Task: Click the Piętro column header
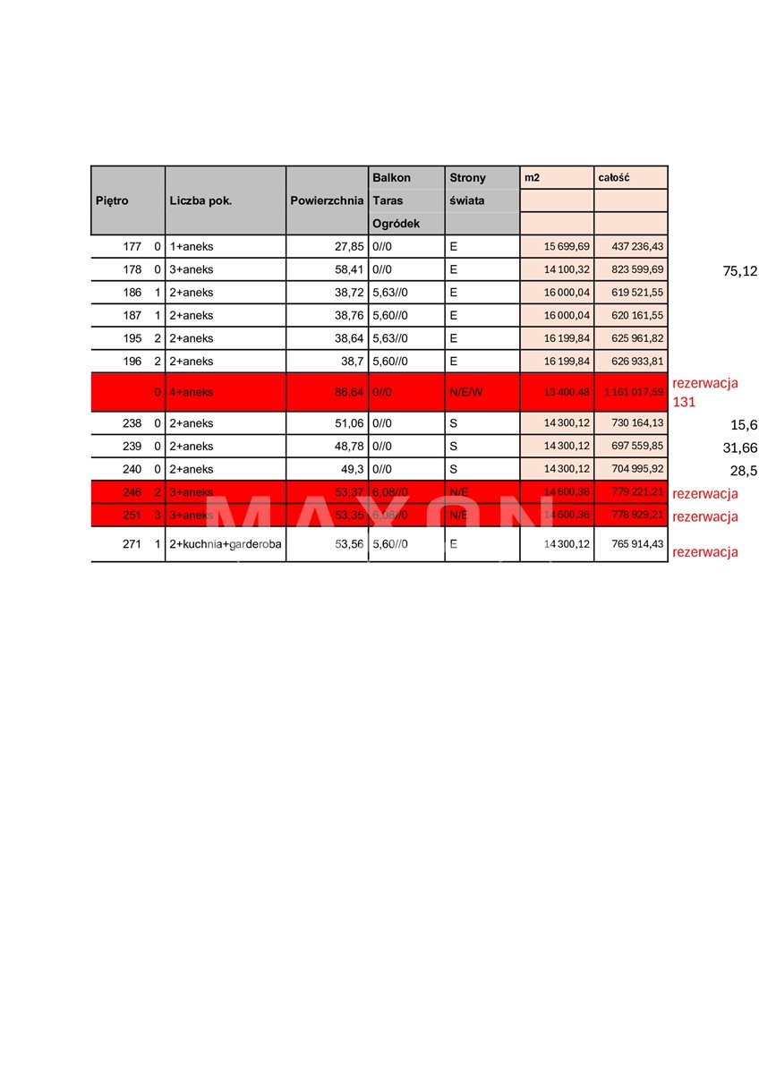coord(112,200)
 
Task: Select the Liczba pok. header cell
coord(200,200)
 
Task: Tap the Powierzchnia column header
coord(327,200)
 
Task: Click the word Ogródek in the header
coord(395,224)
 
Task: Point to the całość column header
coord(614,178)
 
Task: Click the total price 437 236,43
coord(632,246)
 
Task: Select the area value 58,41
coord(349,268)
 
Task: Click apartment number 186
coord(132,292)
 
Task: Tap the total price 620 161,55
coord(632,315)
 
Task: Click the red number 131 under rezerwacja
coord(684,403)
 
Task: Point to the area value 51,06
coord(349,423)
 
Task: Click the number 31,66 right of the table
coord(739,447)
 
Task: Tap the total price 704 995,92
coord(632,469)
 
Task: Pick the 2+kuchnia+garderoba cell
coord(226,543)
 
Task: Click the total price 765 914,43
coord(632,543)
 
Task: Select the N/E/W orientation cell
coord(466,392)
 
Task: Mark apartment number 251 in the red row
coord(132,515)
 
